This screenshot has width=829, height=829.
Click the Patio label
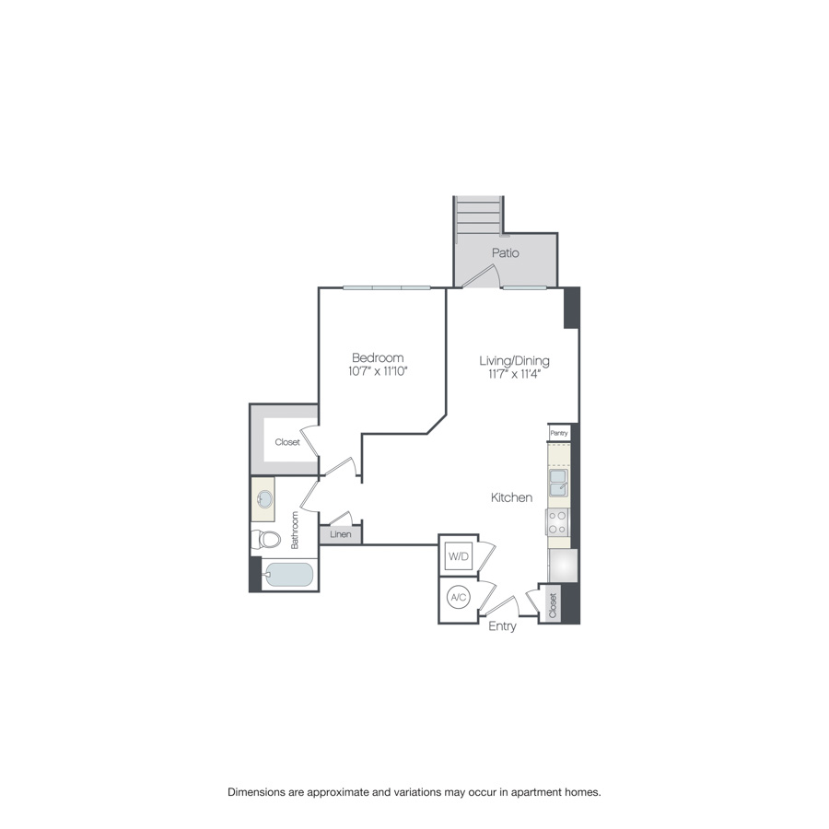505,252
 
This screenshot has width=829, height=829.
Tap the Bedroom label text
378,357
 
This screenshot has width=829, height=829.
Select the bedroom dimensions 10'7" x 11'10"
378,371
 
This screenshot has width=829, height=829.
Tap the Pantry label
558,432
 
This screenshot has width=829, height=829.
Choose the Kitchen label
511,497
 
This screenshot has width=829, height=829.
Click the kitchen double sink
558,482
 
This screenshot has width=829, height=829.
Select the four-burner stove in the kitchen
558,522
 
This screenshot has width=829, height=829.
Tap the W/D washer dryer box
458,556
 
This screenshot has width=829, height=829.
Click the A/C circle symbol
458,598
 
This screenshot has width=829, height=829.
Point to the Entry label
502,626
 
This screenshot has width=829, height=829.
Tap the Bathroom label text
295,531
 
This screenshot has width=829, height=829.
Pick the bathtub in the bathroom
288,576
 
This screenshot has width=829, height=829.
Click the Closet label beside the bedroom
287,442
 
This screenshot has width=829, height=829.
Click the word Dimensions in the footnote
261,791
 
